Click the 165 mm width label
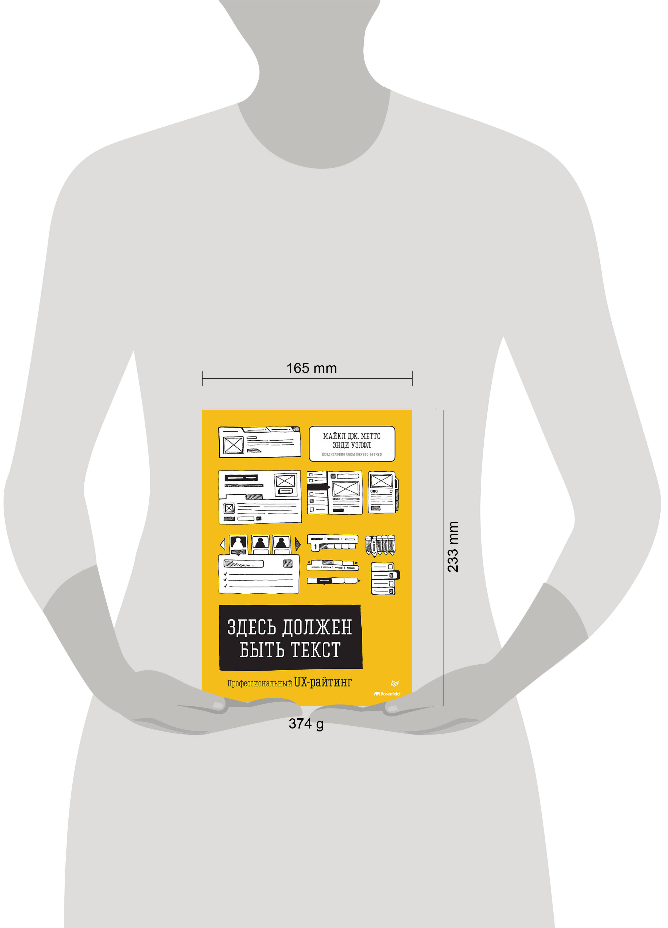click(312, 368)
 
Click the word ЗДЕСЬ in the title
click(251, 627)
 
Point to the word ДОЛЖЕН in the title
click(317, 627)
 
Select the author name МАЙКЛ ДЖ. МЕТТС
click(352, 436)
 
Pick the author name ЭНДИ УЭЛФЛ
click(352, 445)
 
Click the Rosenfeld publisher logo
click(387, 694)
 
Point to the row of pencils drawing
click(380, 545)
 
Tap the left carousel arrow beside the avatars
click(223, 545)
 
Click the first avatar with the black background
click(238, 543)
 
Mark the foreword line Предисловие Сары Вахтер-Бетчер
click(352, 454)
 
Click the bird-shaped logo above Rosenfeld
click(395, 683)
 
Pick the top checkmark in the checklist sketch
click(225, 574)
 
